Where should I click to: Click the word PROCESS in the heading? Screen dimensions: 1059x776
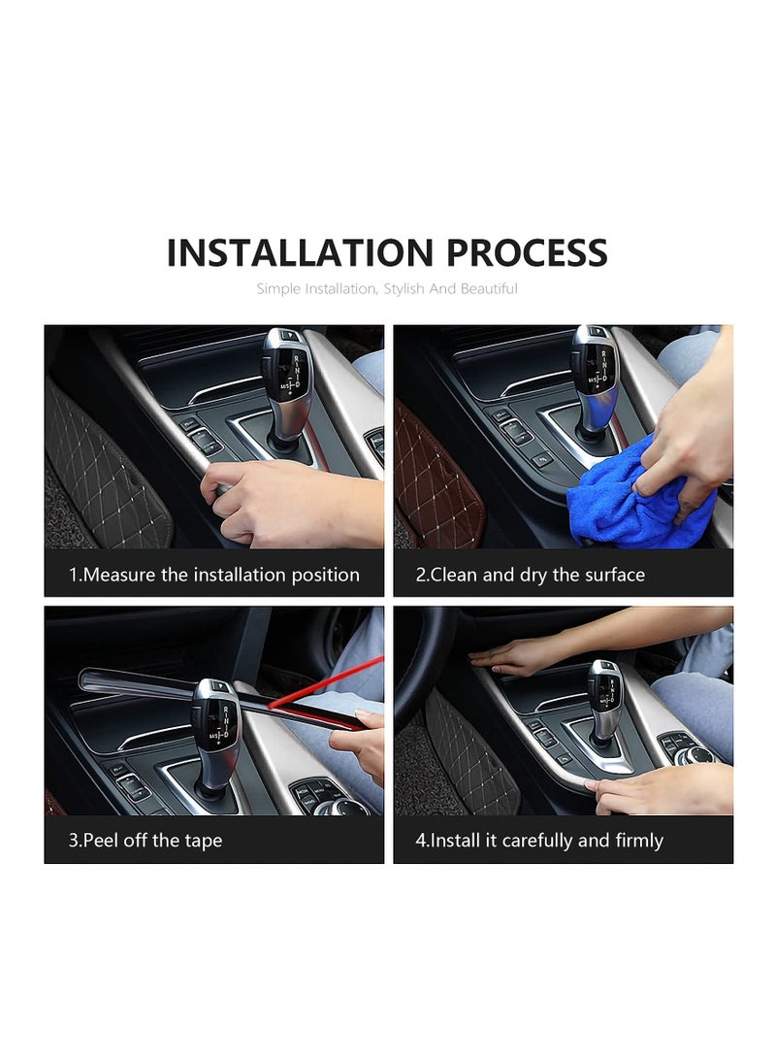(527, 252)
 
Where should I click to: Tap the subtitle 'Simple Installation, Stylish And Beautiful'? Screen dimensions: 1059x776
(387, 288)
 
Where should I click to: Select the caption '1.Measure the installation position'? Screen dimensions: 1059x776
(213, 575)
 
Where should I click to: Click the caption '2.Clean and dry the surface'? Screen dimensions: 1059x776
(530, 575)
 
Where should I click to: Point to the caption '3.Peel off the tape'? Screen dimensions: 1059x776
(145, 840)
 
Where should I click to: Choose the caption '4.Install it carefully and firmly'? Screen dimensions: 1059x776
(539, 840)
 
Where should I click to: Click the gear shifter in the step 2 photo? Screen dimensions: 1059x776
(595, 379)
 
